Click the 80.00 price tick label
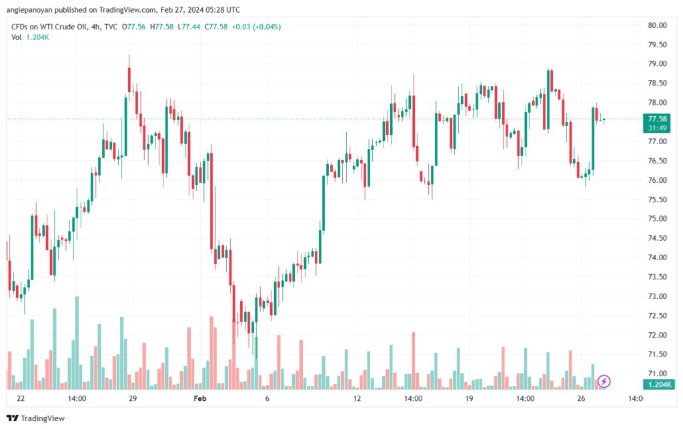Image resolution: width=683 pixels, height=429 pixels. [657, 25]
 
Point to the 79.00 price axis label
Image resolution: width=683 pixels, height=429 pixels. [657, 64]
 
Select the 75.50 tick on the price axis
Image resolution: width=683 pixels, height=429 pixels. [657, 199]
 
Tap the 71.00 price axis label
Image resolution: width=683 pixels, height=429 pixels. [657, 374]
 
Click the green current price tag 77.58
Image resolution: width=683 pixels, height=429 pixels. [658, 119]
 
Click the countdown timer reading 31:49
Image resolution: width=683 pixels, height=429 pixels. [658, 127]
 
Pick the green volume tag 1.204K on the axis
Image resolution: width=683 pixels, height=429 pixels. [658, 385]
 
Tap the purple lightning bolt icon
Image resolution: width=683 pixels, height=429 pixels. [604, 382]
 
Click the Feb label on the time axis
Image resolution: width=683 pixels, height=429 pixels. [199, 399]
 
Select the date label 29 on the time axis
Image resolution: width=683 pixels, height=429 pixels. [133, 399]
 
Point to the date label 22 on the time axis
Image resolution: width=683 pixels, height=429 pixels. [21, 399]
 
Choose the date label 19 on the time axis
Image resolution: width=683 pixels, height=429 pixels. [469, 399]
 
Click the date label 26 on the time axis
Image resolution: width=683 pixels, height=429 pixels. [581, 399]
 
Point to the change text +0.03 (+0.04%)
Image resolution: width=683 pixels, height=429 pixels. [256, 27]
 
